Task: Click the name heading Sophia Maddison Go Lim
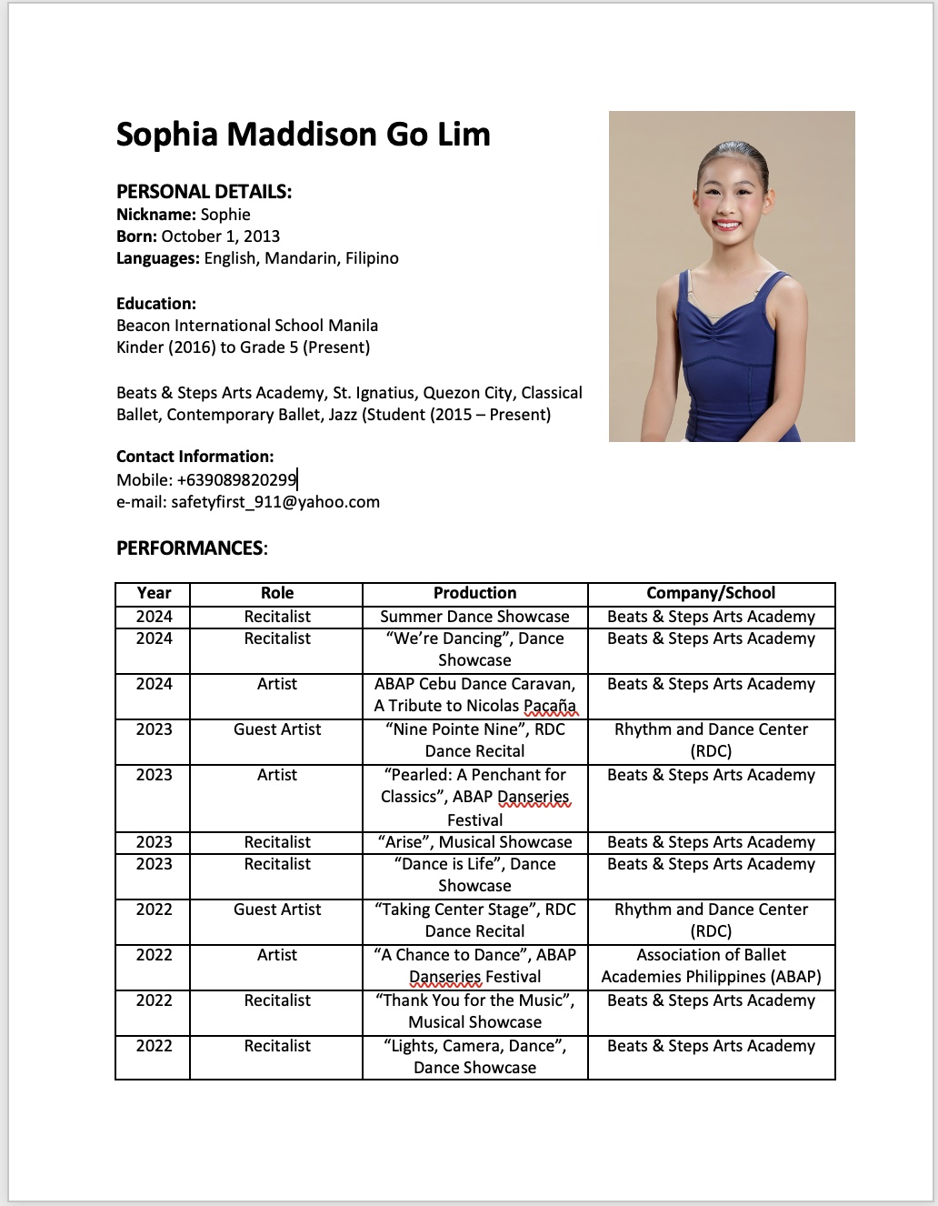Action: (303, 135)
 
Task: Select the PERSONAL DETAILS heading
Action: (204, 192)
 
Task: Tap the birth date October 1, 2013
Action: (220, 236)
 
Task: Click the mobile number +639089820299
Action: (236, 480)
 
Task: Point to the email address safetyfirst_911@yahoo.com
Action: (274, 502)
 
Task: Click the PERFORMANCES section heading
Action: (191, 548)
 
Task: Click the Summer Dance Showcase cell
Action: (474, 617)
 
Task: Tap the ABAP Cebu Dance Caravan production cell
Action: (474, 695)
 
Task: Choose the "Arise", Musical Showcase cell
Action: (474, 842)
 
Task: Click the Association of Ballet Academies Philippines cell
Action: (711, 966)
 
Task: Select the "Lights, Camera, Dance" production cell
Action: (474, 1057)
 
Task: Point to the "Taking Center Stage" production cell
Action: (474, 920)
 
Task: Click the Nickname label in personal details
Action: (155, 215)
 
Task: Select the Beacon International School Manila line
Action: (247, 326)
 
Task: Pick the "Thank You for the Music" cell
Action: (474, 1011)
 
